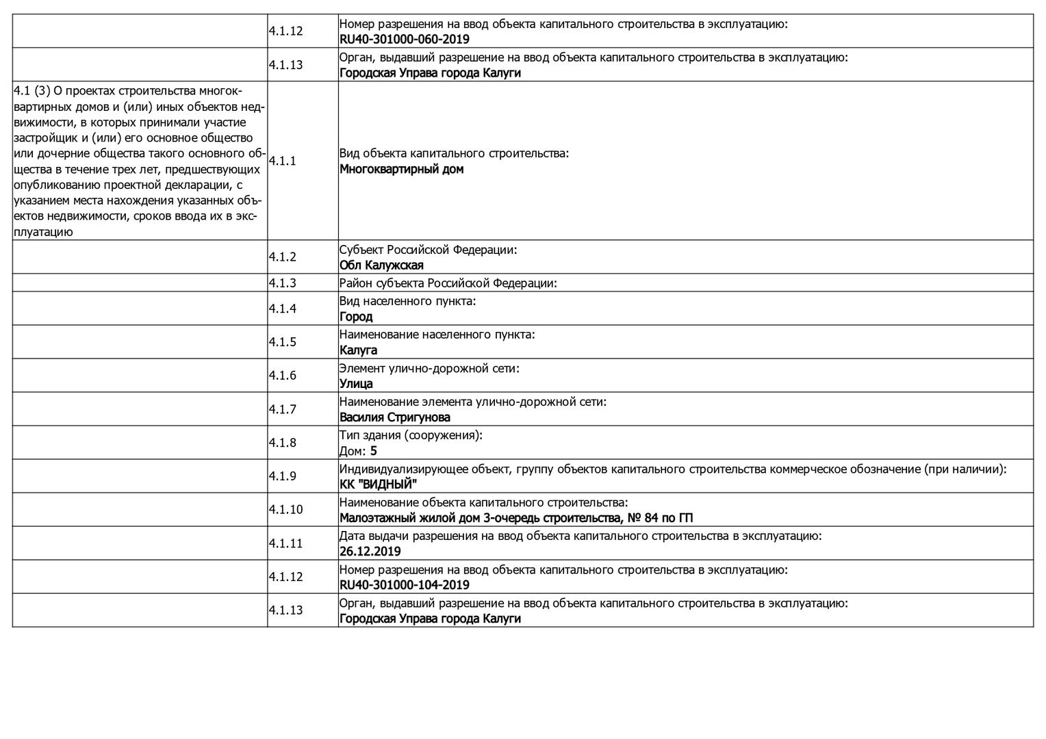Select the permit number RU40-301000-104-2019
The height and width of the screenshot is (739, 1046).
click(x=404, y=585)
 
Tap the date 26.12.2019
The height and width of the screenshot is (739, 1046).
click(x=370, y=552)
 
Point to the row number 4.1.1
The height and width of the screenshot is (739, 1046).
click(x=282, y=161)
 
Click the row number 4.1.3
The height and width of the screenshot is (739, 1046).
click(x=282, y=283)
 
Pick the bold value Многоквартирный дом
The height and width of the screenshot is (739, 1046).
click(x=401, y=169)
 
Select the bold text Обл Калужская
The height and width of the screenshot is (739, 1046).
click(x=381, y=265)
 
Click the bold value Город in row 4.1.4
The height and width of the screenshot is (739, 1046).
click(x=356, y=317)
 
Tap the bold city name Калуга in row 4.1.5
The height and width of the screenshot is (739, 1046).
click(x=358, y=350)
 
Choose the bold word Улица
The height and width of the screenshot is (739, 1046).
click(x=356, y=384)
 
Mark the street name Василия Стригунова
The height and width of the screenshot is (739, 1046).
click(x=394, y=417)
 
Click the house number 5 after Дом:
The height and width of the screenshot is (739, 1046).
click(x=373, y=451)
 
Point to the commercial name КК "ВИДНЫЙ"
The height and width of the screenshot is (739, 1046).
click(x=378, y=484)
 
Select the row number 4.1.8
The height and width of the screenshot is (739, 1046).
click(x=282, y=443)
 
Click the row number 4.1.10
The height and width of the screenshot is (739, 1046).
click(x=285, y=510)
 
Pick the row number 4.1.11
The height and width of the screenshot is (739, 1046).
click(x=285, y=543)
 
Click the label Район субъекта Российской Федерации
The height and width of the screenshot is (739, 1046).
click(x=448, y=283)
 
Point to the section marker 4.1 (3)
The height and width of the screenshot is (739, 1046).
click(x=31, y=90)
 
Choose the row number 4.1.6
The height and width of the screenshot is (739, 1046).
click(x=282, y=376)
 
